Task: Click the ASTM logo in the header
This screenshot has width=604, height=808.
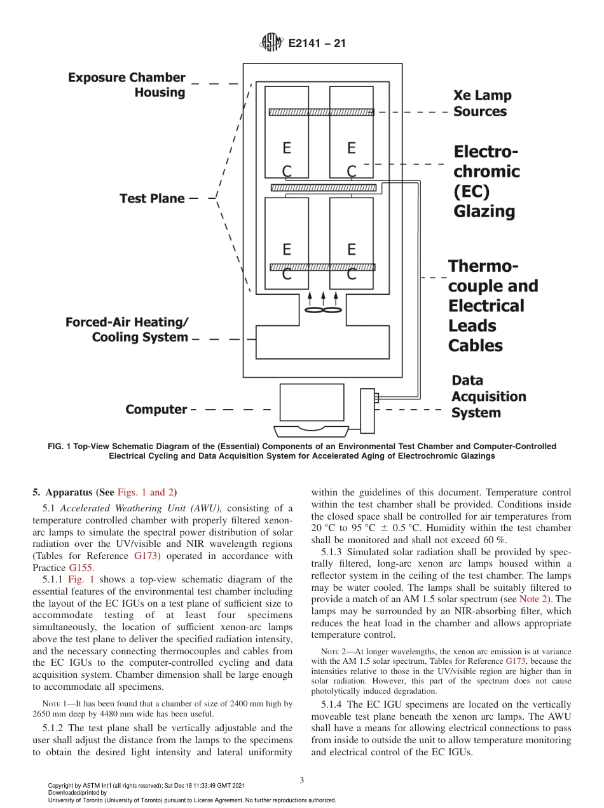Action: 271,44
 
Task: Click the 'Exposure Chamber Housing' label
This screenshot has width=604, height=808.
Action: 127,85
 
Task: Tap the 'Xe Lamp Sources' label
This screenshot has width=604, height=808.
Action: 482,104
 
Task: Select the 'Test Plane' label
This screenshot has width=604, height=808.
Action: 152,198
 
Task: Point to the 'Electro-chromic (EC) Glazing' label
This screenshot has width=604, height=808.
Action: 486,182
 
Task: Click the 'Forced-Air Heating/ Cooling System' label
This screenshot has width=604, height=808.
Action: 127,330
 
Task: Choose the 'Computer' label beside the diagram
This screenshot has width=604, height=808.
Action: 156,410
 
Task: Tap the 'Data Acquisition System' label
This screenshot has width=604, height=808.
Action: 488,396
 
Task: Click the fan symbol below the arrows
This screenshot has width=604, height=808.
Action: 323,311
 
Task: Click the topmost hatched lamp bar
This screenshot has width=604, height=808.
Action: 320,112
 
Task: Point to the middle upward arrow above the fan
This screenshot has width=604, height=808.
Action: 323,297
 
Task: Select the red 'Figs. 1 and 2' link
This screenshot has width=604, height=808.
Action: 146,492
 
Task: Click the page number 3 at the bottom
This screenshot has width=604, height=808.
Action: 302,780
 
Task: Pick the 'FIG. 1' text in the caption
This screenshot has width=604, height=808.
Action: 59,447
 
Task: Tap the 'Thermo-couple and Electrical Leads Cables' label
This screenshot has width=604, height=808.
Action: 493,306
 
